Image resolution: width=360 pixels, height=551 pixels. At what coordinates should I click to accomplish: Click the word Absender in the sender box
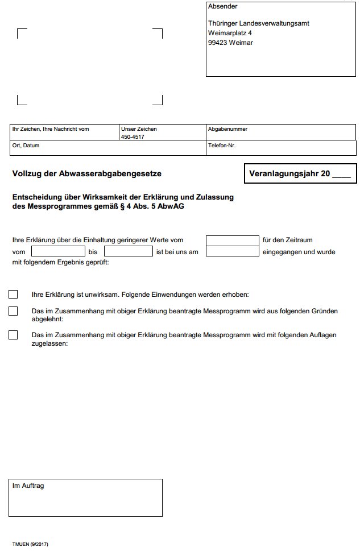coord(223,7)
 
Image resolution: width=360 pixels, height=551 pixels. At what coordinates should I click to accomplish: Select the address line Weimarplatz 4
coord(230,33)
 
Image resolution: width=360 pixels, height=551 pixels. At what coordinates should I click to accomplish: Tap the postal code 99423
coord(217,43)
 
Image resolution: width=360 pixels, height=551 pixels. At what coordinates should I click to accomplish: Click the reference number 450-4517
coord(133,137)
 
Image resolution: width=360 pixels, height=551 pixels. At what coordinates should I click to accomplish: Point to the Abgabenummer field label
coord(227,129)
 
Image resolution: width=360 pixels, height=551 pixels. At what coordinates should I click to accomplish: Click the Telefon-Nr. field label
coord(222,146)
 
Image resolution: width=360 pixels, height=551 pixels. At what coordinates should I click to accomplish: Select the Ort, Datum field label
coord(26,146)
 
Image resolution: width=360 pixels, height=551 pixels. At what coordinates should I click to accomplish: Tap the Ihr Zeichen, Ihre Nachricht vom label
coord(51,129)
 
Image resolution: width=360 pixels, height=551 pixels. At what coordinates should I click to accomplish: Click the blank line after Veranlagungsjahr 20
coord(341,175)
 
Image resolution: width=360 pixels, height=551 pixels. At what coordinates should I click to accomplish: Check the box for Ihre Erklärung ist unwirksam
coord(13,295)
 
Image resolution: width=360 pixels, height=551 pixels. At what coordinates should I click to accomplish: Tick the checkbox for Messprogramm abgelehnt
coord(13,311)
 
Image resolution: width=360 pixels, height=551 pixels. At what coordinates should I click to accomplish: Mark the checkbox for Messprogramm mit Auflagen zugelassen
coord(13,335)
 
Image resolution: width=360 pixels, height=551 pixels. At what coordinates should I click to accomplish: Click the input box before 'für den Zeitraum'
coord(232,240)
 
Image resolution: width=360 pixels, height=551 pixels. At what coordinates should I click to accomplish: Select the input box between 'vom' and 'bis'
coord(58,251)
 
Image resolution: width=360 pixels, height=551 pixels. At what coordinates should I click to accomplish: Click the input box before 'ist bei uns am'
coord(129,251)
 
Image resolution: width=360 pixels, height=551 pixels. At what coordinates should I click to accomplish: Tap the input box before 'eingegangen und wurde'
coord(232,251)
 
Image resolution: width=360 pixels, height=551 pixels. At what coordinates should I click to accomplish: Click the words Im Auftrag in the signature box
coord(28,486)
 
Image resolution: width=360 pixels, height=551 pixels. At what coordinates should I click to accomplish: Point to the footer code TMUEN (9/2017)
coord(30,545)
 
